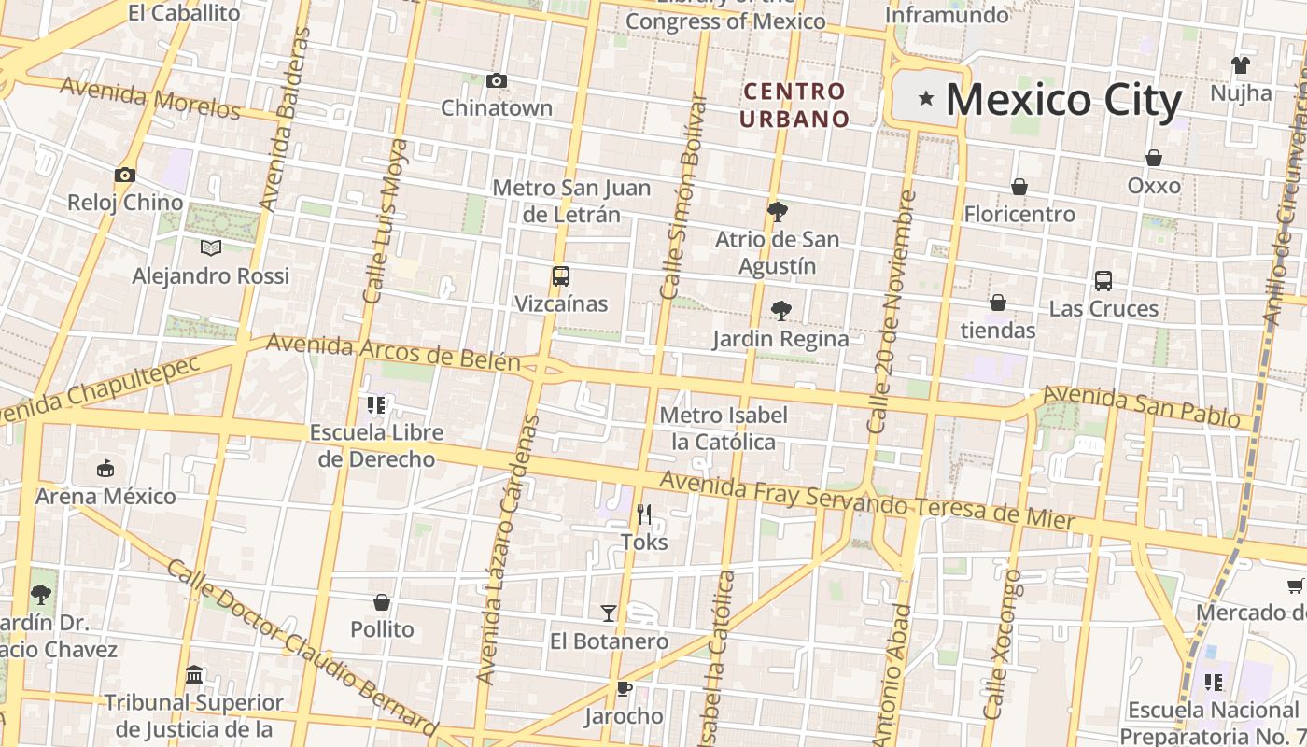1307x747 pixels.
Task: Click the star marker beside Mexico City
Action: [926, 98]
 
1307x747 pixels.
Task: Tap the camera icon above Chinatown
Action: [497, 81]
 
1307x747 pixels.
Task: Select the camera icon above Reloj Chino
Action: [124, 175]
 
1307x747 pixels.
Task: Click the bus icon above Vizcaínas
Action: [560, 276]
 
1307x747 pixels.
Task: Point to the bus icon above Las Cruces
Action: [1103, 280]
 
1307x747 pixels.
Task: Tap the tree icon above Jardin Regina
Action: [780, 311]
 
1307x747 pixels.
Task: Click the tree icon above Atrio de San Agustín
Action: [777, 212]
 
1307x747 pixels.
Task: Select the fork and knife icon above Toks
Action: [643, 514]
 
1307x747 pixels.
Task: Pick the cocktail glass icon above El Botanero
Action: [608, 613]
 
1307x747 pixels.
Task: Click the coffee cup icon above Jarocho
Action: [624, 689]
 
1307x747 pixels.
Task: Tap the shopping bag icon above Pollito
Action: [381, 602]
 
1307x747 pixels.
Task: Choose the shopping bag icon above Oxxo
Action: [1154, 158]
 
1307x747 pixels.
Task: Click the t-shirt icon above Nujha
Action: [1240, 65]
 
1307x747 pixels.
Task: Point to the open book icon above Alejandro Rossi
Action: [211, 247]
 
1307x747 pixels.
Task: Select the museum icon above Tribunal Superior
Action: [194, 674]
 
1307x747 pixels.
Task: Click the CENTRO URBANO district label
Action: [794, 105]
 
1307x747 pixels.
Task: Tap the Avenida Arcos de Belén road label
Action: [392, 352]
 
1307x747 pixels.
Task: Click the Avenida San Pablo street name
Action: [1141, 407]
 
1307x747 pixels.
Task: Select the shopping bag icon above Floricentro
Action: [1019, 187]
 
